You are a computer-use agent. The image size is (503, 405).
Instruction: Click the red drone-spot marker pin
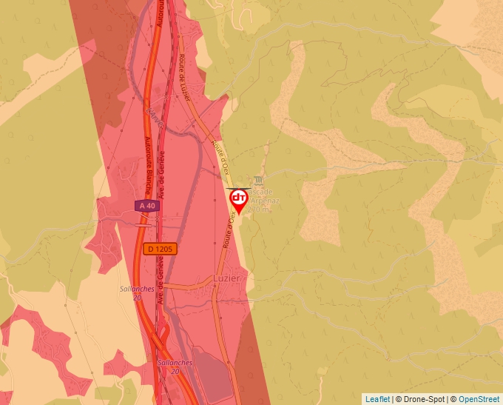click(239, 200)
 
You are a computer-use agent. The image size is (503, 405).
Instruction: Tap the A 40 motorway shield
click(147, 205)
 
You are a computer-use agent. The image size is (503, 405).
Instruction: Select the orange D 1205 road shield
click(160, 250)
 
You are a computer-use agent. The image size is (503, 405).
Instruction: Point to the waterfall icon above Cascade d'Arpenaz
click(257, 180)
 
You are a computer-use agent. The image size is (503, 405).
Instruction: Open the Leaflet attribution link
click(377, 399)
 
